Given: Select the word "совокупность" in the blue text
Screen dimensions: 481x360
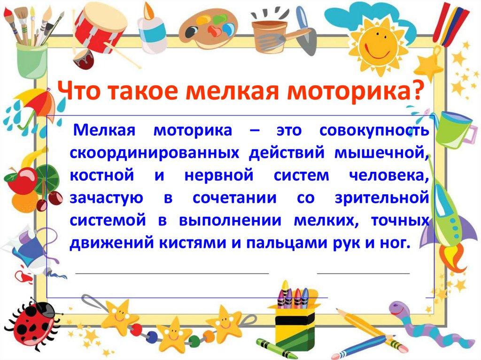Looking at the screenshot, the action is click(374, 130).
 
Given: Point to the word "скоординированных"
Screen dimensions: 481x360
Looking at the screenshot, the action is click(154, 153).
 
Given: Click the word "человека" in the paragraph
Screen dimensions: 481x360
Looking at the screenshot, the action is click(389, 176).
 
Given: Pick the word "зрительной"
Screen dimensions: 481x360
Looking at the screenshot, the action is click(382, 198).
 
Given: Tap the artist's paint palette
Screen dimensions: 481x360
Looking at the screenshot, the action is click(208, 29).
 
